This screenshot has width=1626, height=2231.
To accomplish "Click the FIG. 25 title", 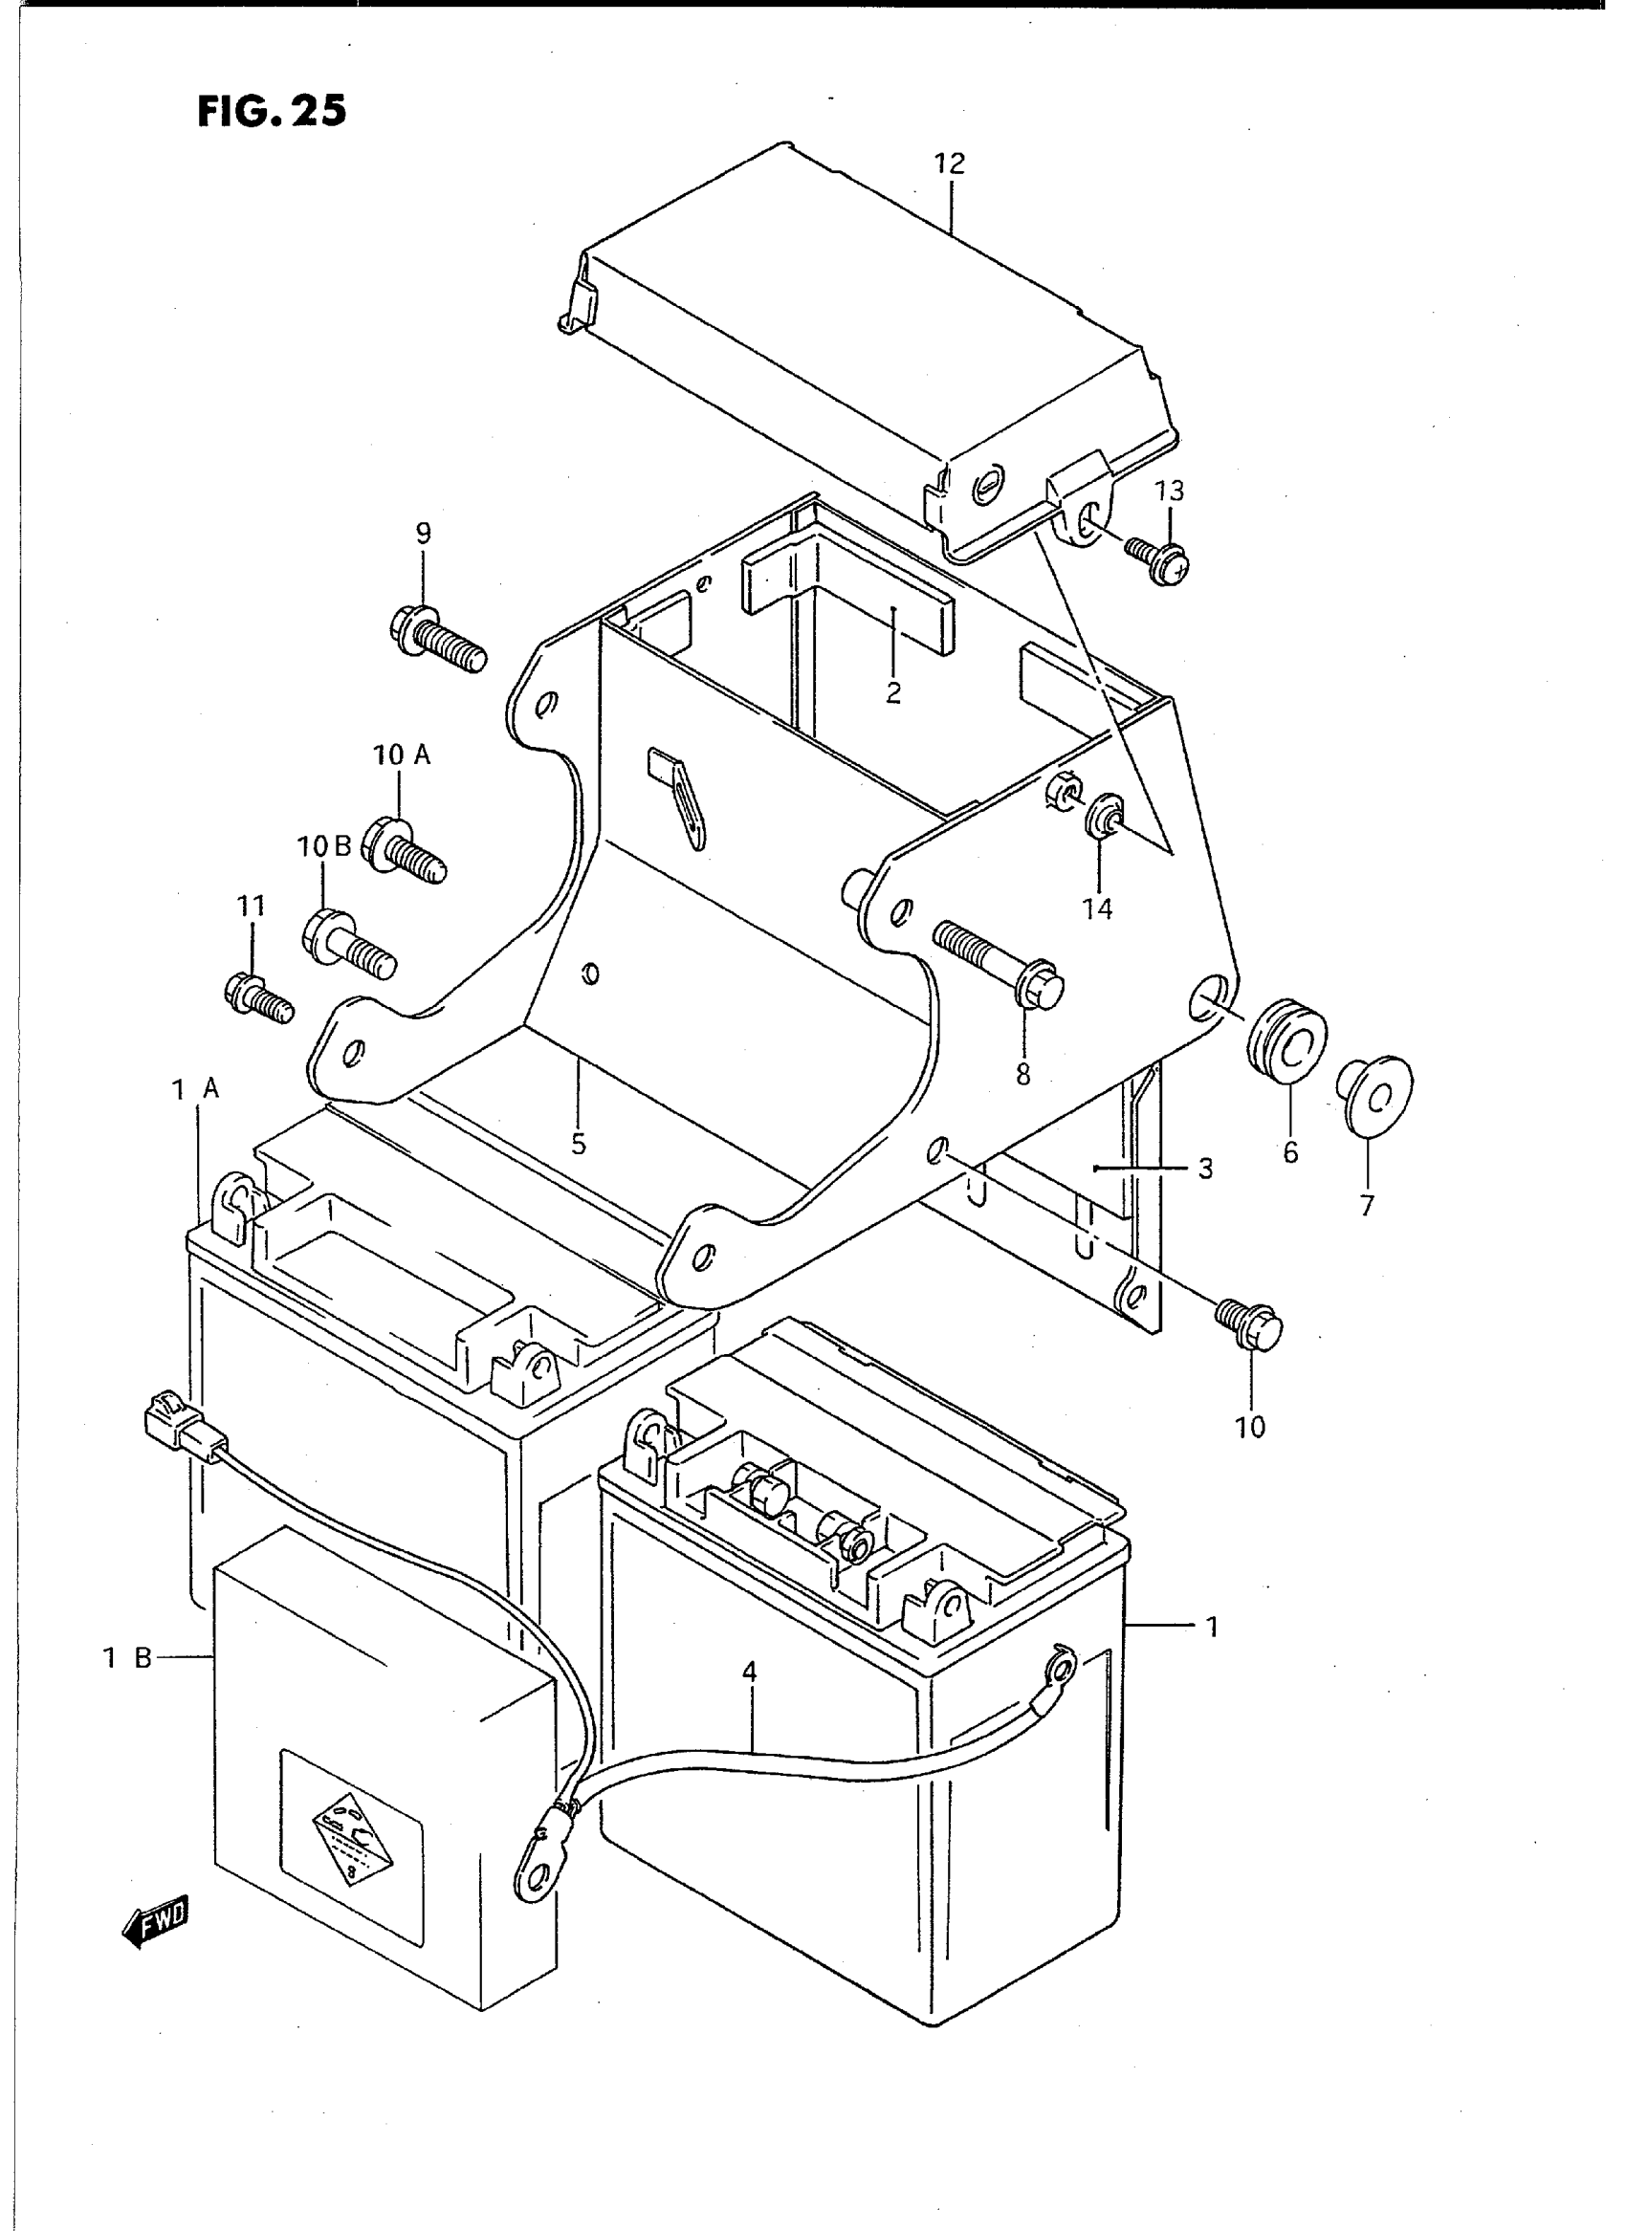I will [272, 112].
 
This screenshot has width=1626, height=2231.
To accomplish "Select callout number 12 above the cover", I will [950, 164].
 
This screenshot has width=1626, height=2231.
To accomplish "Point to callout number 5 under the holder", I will [578, 1145].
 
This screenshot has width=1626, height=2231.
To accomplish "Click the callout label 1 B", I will [128, 1658].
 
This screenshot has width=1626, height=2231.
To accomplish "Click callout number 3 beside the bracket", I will [1206, 1170].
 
